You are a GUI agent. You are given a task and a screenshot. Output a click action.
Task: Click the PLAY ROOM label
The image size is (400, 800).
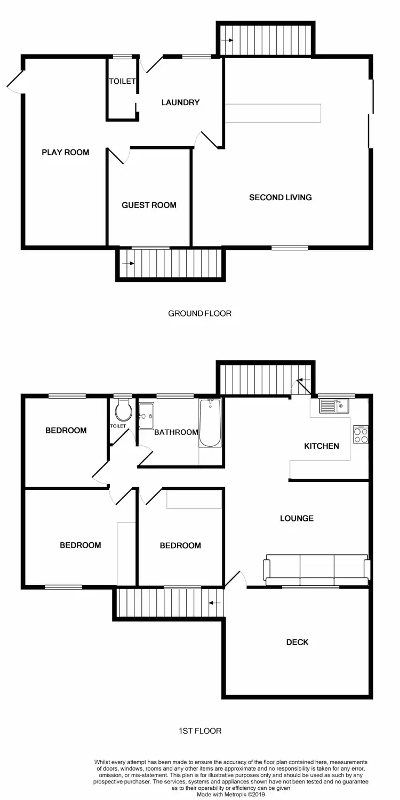point(66,153)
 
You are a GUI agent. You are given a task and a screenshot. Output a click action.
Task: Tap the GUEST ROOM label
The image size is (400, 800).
point(149,205)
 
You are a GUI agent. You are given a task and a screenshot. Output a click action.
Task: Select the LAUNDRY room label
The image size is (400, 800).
point(180,102)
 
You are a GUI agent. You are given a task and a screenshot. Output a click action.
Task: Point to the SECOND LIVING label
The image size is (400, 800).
point(281,197)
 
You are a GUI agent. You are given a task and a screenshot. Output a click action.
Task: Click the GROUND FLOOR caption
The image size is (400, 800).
point(200,313)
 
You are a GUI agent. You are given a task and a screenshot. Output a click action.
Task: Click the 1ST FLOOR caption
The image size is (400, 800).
point(200,731)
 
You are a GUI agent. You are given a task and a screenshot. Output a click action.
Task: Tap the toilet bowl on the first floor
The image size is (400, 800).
point(123,411)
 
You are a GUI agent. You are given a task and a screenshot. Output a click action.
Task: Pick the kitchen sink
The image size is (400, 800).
point(333,407)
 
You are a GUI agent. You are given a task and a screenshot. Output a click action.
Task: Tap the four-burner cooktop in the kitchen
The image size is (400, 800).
point(361,434)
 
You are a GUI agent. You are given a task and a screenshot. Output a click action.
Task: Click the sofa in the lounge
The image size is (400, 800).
point(316,570)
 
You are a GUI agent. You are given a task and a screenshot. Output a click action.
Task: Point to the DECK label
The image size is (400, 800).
point(297,642)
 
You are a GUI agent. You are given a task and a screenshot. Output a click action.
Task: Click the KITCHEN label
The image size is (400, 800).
point(322,446)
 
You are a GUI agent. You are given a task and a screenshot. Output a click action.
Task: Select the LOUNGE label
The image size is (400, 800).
point(297,518)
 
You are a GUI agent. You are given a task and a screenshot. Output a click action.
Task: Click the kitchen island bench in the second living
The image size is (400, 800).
point(273,113)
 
